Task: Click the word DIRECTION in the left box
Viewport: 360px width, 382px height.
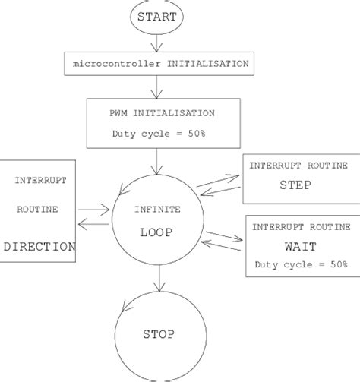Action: click(x=39, y=247)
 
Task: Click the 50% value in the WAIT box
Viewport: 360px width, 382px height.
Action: click(x=334, y=264)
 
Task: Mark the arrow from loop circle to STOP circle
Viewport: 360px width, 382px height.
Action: click(x=158, y=281)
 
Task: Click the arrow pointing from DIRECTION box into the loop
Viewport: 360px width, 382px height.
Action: click(x=94, y=207)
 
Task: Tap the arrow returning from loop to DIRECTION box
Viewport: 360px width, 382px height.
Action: click(x=94, y=223)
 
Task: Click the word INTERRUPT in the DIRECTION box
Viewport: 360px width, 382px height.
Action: click(x=39, y=180)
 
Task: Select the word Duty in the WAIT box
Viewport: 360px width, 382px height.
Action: click(x=267, y=264)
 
